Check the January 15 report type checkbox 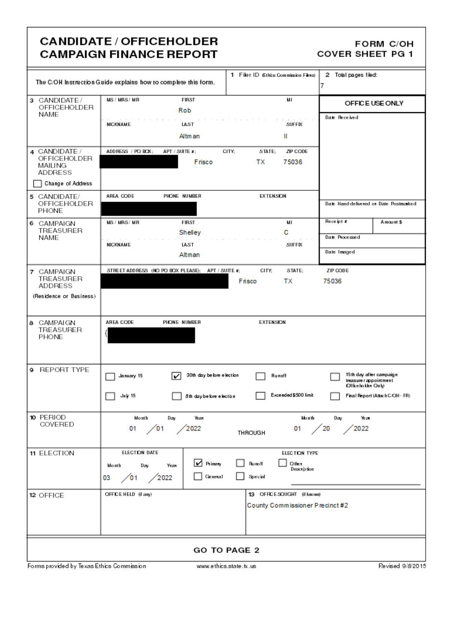coord(110,377)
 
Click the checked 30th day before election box coord(176,376)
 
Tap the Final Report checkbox coord(335,396)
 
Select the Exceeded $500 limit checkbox coord(260,396)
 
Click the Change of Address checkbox coord(37,184)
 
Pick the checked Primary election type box coord(198,463)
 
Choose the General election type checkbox coord(198,476)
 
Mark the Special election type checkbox coord(240,476)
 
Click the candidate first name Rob coord(185,110)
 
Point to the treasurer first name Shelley coord(190,232)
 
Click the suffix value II coord(286,136)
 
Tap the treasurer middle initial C coord(286,232)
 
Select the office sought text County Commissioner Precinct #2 coord(297,505)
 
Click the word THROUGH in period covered coord(251,433)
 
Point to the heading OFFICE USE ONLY coord(374,103)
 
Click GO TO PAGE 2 coord(226,550)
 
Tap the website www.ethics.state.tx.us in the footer coord(226,566)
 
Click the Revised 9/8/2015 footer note coord(402,566)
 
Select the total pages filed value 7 coord(322,86)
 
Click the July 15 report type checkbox coord(110,396)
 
